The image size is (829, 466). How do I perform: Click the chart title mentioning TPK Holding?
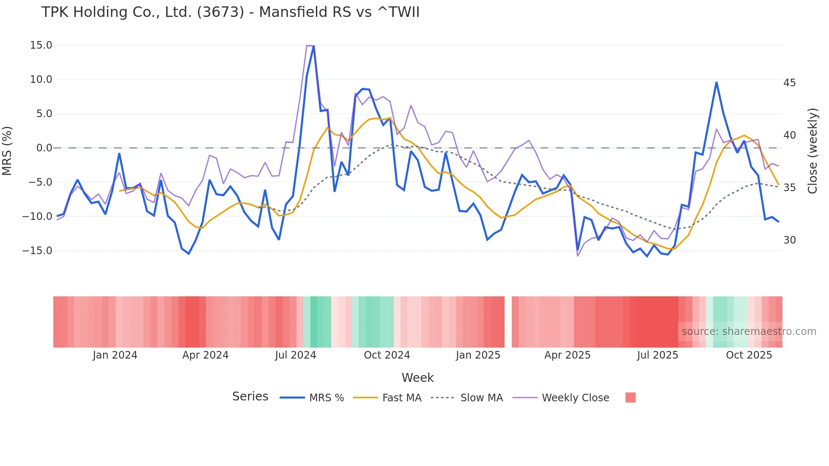(x=230, y=12)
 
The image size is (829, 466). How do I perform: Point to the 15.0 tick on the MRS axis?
(x=41, y=45)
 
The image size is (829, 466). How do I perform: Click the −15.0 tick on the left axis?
(x=37, y=251)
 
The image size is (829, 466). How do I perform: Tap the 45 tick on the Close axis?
(x=789, y=83)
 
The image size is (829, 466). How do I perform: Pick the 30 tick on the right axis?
(x=789, y=240)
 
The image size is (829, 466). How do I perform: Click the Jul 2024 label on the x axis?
(x=295, y=355)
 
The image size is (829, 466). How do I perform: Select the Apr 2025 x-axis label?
(x=567, y=355)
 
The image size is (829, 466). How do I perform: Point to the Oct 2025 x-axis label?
(x=749, y=355)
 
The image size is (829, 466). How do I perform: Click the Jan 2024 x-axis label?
(x=115, y=355)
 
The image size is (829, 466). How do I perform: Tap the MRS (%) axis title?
(x=7, y=151)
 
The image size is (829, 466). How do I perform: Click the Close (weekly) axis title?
(x=813, y=151)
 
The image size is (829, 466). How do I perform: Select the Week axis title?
(x=417, y=378)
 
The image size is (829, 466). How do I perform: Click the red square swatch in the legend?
(x=630, y=397)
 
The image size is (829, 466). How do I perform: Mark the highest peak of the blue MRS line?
(x=313, y=46)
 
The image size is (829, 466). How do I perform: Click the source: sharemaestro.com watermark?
(x=749, y=332)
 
